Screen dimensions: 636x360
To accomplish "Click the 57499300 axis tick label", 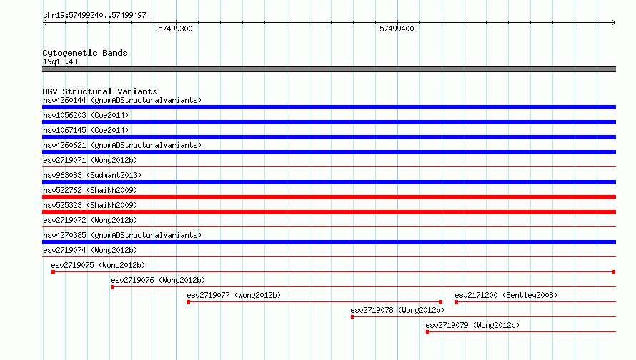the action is (175, 29).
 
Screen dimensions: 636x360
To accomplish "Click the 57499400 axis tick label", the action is (397, 29).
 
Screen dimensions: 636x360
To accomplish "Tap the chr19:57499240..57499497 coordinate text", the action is (94, 15).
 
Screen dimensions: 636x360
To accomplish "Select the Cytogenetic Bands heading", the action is (85, 53).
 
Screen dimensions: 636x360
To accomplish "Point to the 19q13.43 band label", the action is (60, 61).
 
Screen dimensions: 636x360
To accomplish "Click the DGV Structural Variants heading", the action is (100, 91).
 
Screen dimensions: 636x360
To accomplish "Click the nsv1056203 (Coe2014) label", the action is (86, 115).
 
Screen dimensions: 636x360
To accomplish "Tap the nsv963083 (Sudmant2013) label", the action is (92, 175).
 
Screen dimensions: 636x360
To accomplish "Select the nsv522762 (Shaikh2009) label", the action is (90, 190).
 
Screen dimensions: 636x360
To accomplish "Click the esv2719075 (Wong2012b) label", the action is (98, 265).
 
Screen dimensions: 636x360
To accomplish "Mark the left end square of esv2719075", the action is (53, 272).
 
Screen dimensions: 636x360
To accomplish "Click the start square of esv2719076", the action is (113, 287).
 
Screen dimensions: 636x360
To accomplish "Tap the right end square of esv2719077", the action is (441, 302).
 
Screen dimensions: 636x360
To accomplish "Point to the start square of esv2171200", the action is (457, 302).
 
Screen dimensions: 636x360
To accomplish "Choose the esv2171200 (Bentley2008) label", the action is (506, 295).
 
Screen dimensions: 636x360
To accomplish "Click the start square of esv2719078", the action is (352, 317).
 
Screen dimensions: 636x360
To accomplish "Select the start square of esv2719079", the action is (427, 332).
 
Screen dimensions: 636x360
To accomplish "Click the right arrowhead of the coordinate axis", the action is (614, 22).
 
